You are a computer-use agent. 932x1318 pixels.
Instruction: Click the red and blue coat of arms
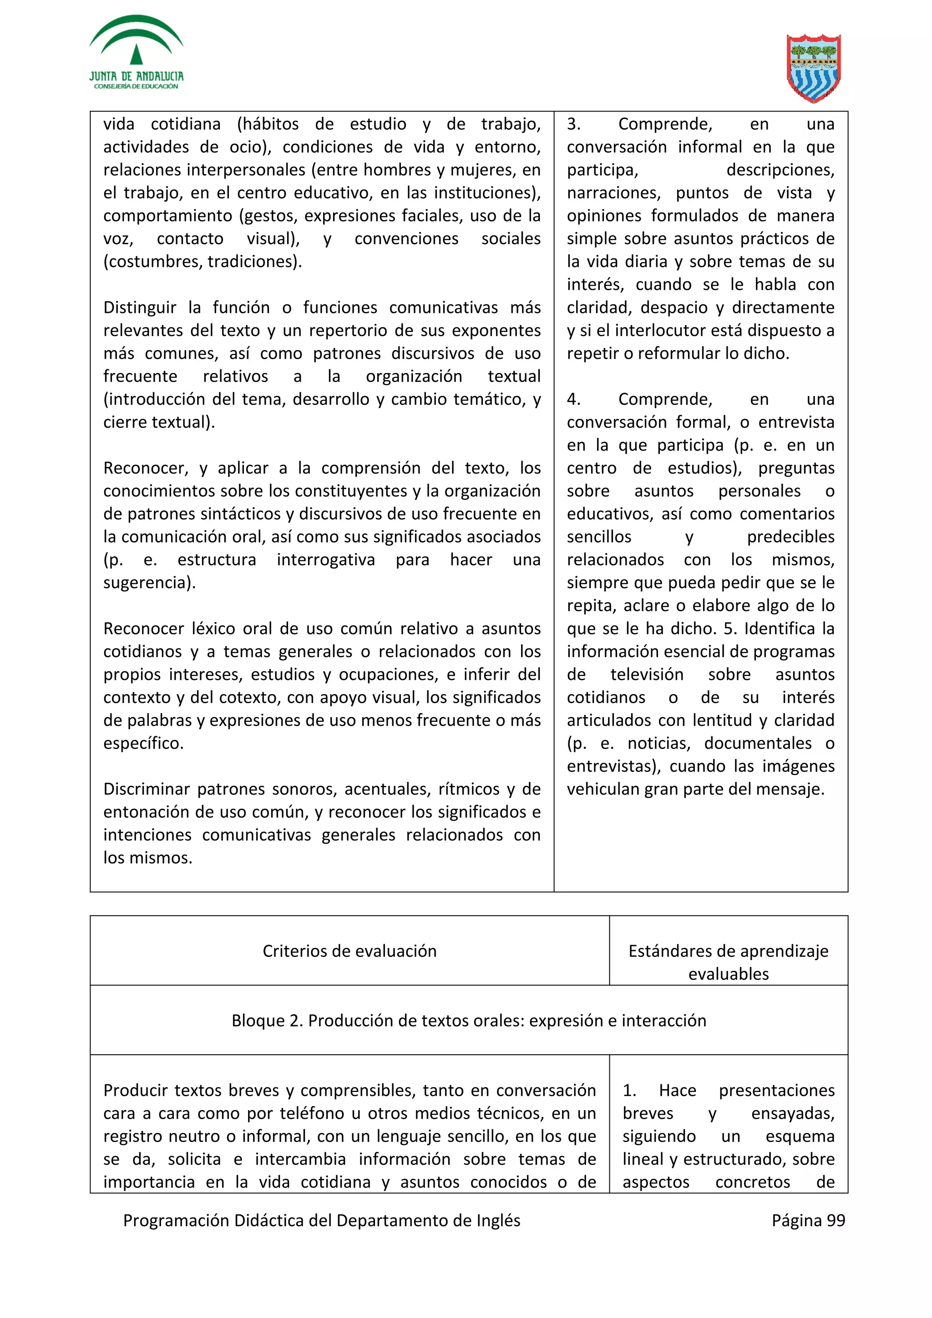[x=813, y=68]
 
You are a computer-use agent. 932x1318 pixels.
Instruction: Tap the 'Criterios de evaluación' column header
[x=349, y=951]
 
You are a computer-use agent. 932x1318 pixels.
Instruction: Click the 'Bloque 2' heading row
[x=469, y=1021]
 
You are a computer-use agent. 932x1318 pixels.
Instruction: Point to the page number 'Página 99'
[x=808, y=1220]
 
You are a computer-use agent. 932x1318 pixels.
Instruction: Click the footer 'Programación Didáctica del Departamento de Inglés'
[x=322, y=1220]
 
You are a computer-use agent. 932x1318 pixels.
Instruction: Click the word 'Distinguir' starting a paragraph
[x=140, y=308]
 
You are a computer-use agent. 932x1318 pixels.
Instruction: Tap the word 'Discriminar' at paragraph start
[x=146, y=790]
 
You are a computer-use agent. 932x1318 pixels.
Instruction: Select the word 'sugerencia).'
[x=149, y=583]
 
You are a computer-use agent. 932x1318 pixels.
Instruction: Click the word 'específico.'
[x=143, y=744]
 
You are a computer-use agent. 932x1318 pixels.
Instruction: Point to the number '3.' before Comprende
[x=574, y=124]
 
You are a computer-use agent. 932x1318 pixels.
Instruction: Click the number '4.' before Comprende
[x=574, y=399]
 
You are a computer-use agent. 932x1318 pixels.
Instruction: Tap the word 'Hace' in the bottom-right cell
[x=677, y=1091]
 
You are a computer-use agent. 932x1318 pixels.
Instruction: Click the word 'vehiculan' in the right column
[x=603, y=790]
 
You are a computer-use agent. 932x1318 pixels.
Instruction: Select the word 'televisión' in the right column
[x=647, y=674]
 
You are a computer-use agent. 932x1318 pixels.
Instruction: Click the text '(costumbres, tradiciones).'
[x=202, y=262]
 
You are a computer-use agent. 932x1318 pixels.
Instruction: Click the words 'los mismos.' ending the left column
[x=147, y=858]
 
